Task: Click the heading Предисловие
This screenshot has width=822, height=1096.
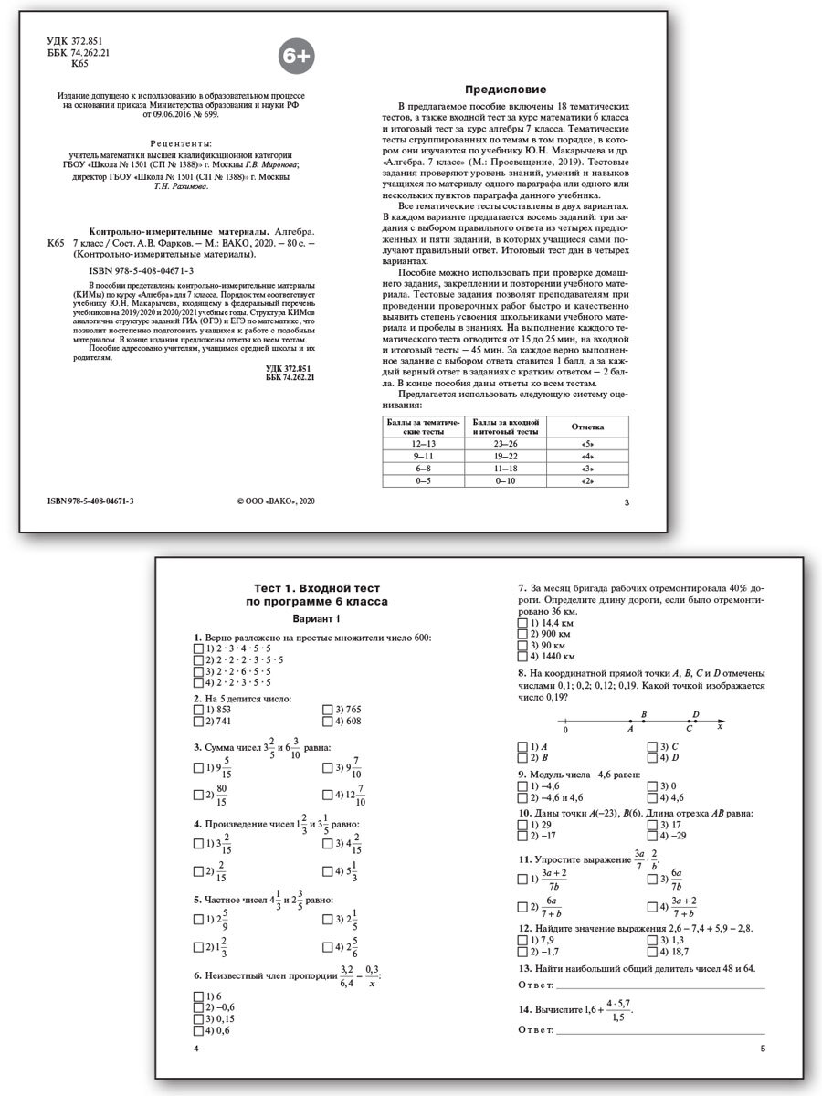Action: [506, 90]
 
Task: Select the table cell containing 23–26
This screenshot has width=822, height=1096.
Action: [506, 443]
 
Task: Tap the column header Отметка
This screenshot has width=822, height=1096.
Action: [586, 426]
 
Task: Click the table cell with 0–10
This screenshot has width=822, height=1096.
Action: [506, 479]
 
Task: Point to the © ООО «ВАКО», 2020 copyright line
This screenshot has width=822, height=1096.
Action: [275, 501]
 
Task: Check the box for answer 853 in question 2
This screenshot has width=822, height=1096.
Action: [199, 709]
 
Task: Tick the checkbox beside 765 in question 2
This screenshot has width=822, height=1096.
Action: [328, 709]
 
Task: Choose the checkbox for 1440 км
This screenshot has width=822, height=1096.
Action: [522, 656]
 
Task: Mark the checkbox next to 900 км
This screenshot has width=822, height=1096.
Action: [522, 633]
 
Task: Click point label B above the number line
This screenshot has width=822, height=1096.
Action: [644, 715]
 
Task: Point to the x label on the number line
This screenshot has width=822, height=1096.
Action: [719, 727]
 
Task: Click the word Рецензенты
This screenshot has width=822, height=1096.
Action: [179, 143]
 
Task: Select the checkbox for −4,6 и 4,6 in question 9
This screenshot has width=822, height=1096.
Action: [522, 797]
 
